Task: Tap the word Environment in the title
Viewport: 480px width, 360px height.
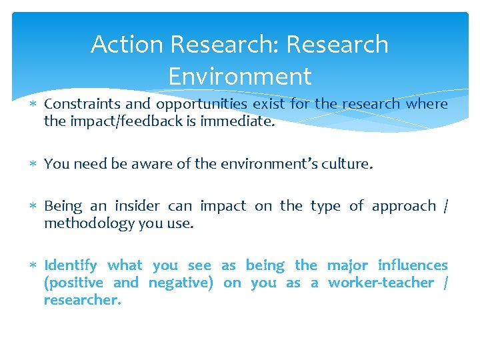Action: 239,77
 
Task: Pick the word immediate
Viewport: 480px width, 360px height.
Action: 237,121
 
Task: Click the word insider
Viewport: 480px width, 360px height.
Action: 138,206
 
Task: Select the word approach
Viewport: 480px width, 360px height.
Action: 401,206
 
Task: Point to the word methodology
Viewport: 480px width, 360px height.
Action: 89,223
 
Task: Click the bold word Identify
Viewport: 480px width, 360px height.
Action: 71,265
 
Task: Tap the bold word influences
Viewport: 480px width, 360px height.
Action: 413,265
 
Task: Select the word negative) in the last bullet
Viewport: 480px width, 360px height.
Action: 181,283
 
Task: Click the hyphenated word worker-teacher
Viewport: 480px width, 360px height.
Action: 381,283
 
